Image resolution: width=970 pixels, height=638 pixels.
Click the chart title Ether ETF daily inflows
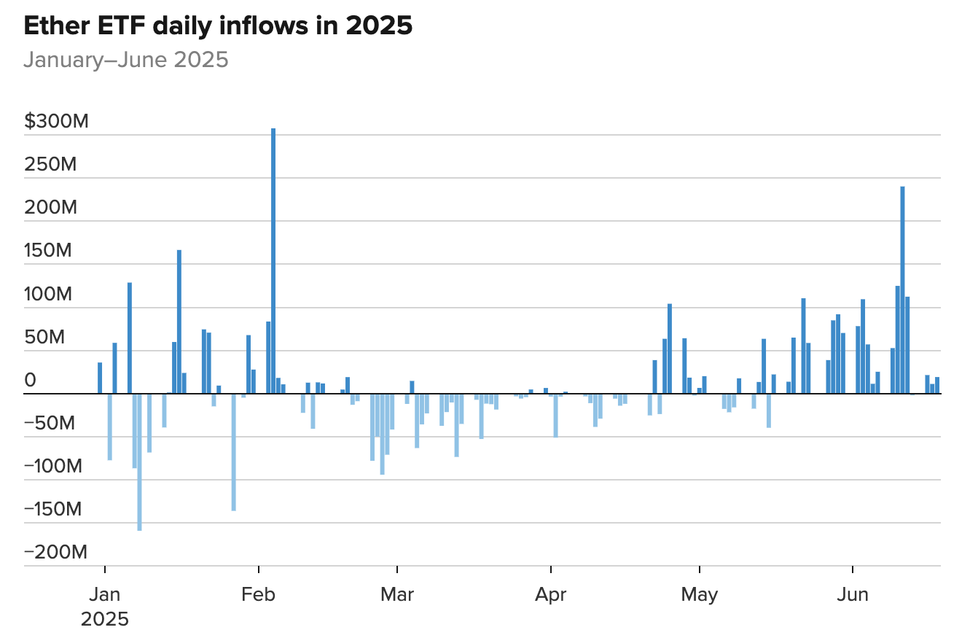218,26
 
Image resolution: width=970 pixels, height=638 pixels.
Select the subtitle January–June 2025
126,60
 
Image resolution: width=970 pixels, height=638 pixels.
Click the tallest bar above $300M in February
273,260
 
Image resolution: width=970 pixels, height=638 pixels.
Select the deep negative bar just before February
233,452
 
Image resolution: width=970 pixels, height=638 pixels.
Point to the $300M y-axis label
56,121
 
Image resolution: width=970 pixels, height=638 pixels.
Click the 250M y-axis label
50,164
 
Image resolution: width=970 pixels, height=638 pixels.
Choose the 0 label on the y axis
30,380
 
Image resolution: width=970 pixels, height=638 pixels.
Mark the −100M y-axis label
53,466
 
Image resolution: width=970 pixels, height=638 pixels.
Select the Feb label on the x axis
258,595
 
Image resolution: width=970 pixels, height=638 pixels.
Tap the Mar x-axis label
396,595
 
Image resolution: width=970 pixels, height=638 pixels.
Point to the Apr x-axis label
551,595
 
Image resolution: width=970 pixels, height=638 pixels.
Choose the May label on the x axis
699,595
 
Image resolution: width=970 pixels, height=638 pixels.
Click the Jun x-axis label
852,595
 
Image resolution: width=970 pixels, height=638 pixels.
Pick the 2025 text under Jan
104,620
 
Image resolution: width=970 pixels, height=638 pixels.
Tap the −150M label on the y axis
53,509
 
